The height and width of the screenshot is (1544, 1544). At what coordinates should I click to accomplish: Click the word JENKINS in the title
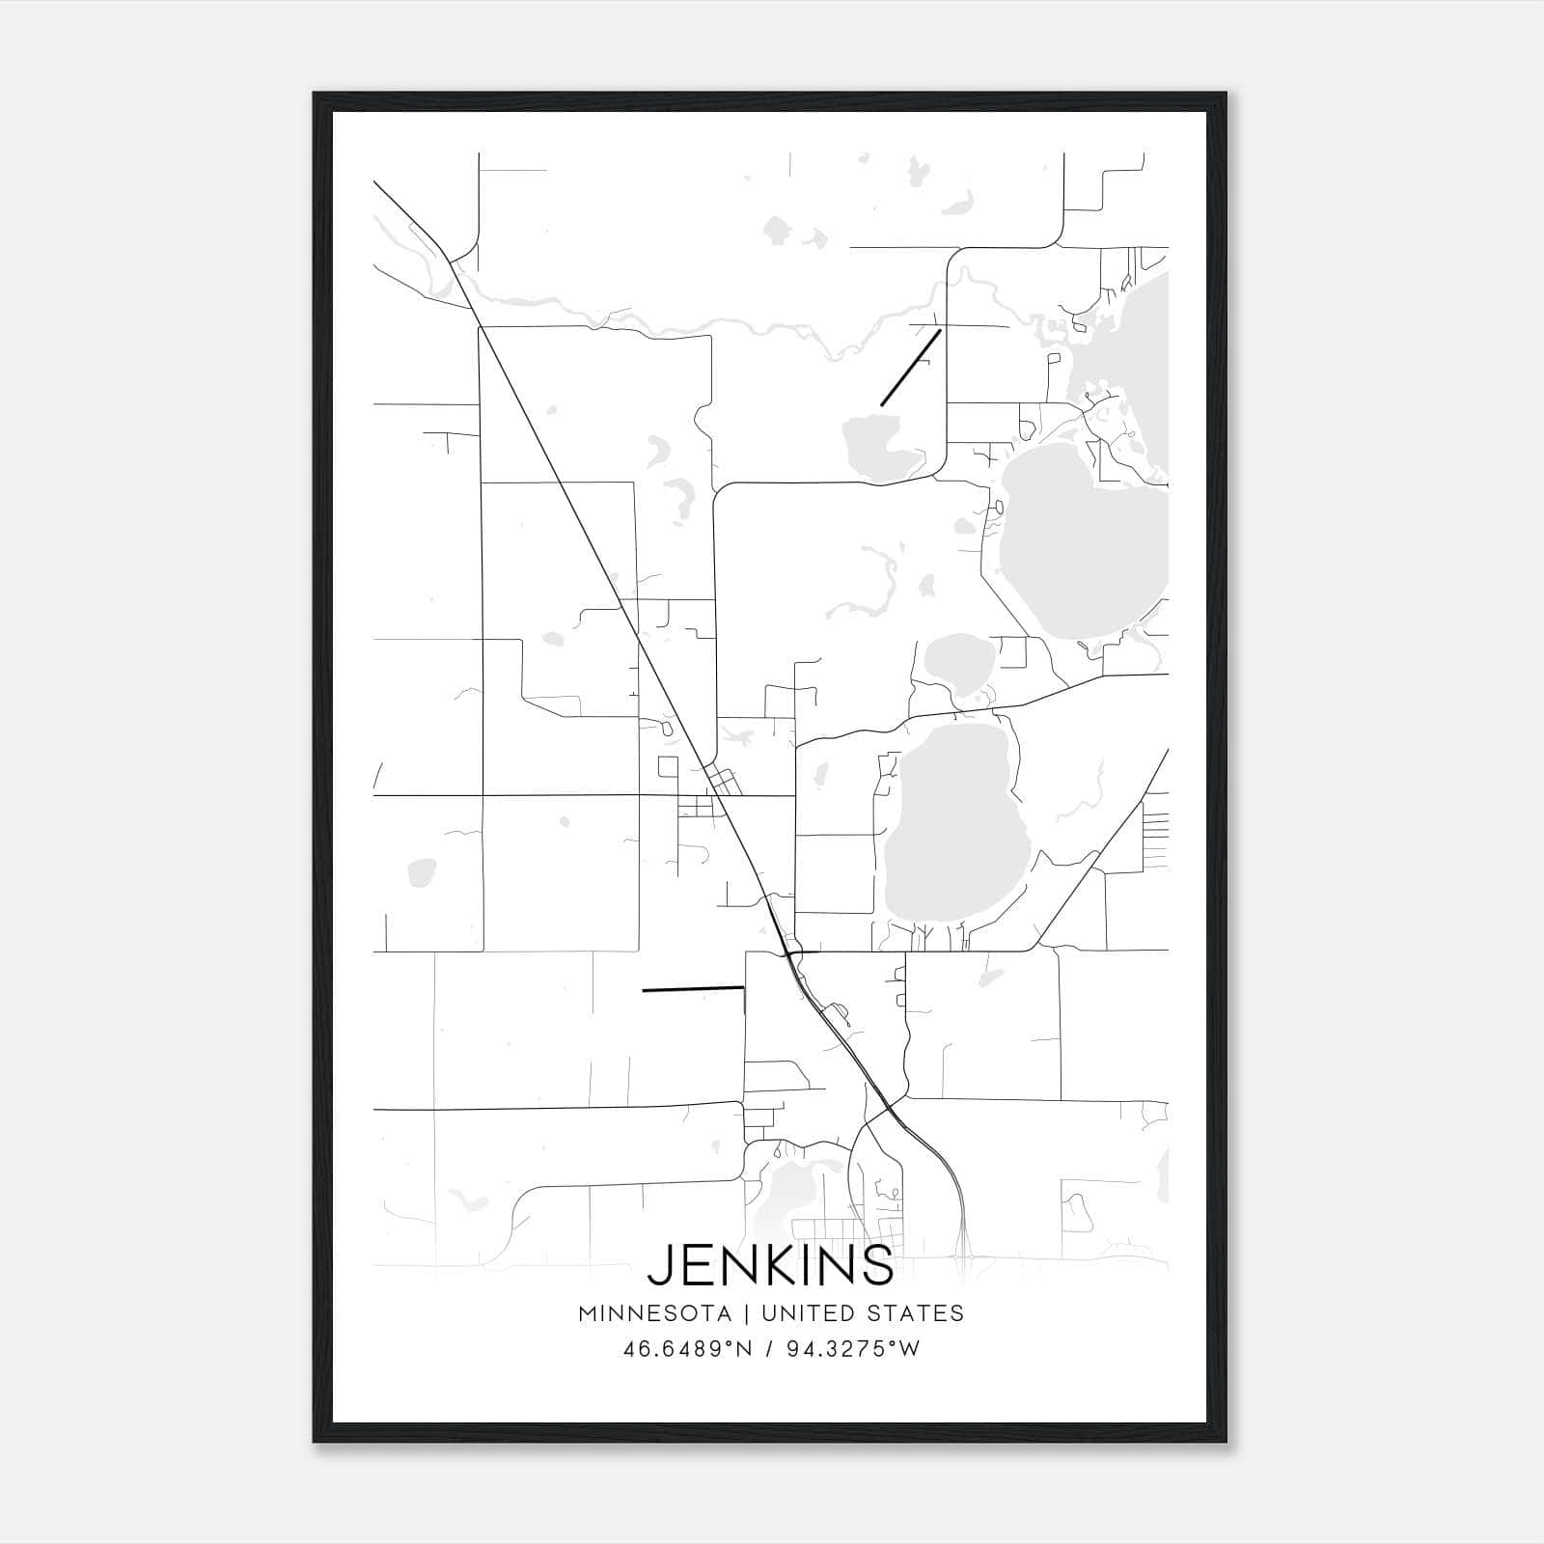[770, 1264]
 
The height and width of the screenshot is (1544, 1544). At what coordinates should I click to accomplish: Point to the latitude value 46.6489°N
[687, 1349]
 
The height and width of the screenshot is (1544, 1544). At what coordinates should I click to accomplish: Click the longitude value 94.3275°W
[853, 1349]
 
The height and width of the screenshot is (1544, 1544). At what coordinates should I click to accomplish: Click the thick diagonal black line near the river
[910, 368]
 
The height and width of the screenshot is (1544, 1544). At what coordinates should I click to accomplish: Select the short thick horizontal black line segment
[692, 989]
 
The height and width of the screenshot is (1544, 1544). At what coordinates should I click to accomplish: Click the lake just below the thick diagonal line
[878, 447]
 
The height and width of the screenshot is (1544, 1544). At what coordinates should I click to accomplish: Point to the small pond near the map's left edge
[421, 872]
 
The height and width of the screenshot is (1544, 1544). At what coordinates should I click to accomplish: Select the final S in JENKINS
[878, 1264]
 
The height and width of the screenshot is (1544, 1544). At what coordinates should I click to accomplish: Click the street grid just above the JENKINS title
[830, 1231]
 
